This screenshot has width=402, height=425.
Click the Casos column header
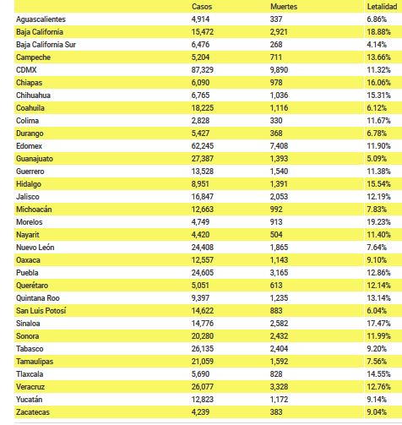[202, 7]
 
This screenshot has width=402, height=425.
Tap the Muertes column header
[284, 7]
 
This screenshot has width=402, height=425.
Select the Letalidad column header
[382, 7]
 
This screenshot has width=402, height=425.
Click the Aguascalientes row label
[41, 19]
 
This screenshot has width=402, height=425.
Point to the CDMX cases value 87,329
[203, 70]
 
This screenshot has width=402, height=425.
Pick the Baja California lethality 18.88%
[378, 32]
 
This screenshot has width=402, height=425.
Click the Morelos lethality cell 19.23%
[378, 222]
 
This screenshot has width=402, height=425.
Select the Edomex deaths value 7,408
[279, 146]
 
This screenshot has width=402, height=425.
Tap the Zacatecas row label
[33, 412]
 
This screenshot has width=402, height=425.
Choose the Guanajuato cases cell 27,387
[203, 159]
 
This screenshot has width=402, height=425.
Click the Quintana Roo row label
[38, 298]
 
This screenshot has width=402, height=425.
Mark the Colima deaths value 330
[276, 121]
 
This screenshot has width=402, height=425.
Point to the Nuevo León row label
[35, 248]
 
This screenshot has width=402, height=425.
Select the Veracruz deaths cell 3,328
[279, 387]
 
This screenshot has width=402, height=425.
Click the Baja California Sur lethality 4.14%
[377, 45]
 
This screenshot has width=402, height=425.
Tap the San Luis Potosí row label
[41, 311]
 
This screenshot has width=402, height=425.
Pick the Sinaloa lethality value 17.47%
[378, 324]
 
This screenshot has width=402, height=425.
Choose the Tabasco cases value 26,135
[203, 349]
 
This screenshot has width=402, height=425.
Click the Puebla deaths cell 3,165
[279, 273]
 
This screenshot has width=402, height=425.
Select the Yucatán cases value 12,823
[203, 400]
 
